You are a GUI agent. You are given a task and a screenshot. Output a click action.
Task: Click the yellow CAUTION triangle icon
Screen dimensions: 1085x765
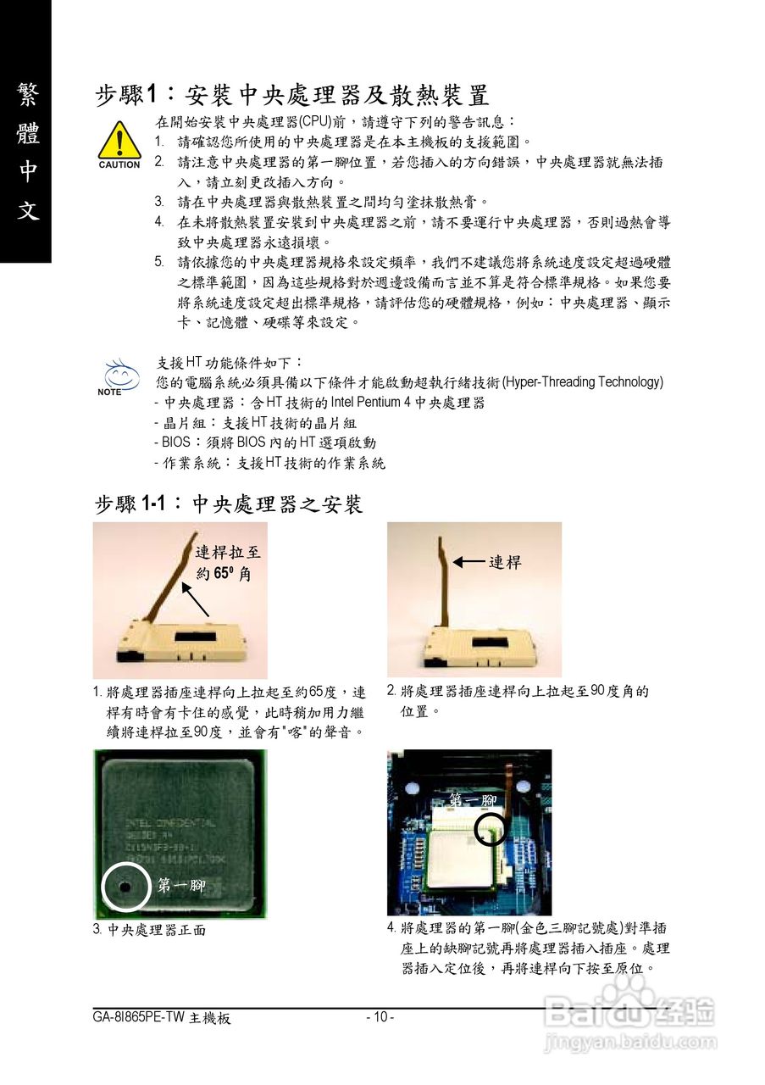[x=119, y=142]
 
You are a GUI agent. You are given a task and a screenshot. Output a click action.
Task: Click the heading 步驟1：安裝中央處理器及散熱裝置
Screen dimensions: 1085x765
[x=291, y=94]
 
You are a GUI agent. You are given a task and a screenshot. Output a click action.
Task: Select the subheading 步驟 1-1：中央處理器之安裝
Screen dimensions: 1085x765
[x=229, y=504]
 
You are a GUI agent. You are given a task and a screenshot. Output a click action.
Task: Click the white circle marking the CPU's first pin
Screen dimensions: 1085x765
[x=125, y=887]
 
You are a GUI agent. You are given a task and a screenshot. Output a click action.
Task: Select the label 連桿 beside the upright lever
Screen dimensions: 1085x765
[x=505, y=562]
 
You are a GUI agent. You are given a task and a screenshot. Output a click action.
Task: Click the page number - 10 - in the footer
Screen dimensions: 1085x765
[x=380, y=1017]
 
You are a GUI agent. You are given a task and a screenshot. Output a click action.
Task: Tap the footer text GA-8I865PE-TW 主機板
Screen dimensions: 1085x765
[x=162, y=1017]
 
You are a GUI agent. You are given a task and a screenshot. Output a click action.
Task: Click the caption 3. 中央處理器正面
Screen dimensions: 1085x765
[x=149, y=930]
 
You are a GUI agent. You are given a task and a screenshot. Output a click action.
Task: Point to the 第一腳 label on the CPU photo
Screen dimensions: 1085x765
[x=181, y=886]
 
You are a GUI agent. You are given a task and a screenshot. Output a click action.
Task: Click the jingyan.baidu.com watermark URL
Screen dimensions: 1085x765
[x=630, y=1042]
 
